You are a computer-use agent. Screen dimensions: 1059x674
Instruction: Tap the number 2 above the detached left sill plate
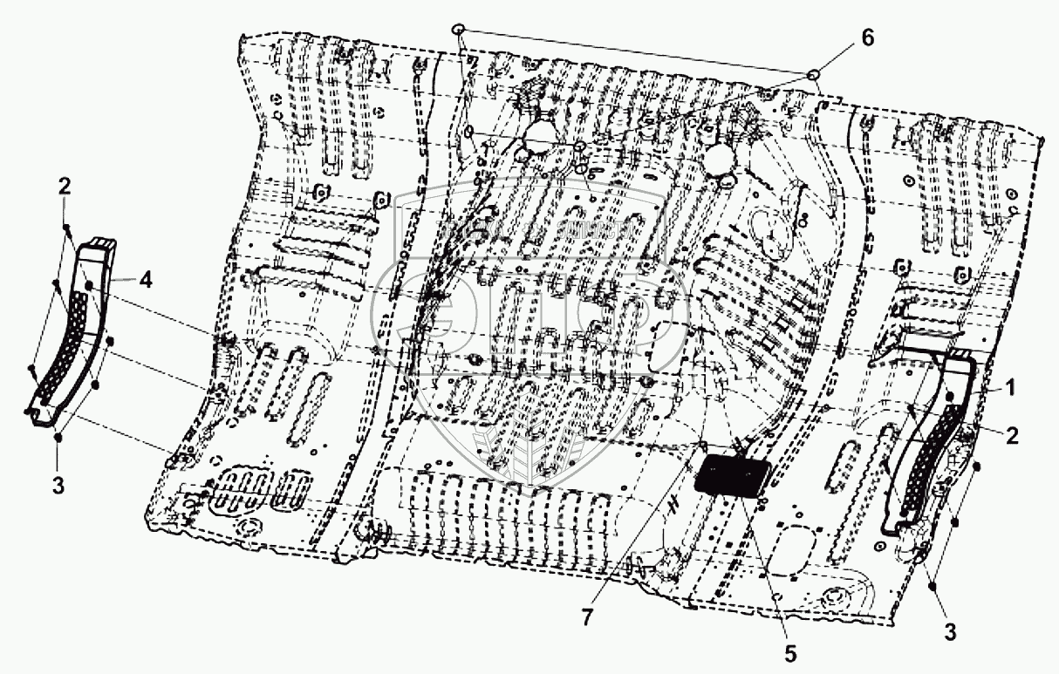(64, 185)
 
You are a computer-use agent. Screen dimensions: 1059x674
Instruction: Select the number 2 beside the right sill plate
(1011, 437)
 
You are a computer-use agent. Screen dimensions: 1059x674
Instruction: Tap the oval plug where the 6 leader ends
(813, 75)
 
